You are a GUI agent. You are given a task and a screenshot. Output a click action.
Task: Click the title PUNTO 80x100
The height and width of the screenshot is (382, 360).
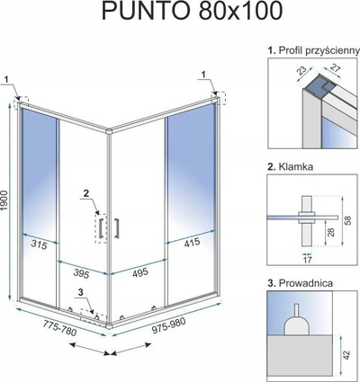click(193, 12)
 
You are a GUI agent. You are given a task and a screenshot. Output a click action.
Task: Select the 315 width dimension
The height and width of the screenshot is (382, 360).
click(39, 245)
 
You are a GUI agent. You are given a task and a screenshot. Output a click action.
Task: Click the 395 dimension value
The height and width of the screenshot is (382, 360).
click(82, 273)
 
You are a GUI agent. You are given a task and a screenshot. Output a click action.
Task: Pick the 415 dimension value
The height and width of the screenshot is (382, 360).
click(191, 242)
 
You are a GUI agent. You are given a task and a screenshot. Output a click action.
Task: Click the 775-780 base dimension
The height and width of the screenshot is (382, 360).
click(59, 328)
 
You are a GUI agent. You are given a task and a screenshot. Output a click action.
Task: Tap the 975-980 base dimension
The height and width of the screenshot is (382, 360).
click(169, 325)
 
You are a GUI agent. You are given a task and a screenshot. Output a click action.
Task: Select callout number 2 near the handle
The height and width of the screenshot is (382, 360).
click(86, 194)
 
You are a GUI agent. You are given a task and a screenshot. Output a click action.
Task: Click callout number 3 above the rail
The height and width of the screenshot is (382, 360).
click(80, 292)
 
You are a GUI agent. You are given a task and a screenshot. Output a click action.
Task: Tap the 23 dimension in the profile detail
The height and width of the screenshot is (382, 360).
click(301, 71)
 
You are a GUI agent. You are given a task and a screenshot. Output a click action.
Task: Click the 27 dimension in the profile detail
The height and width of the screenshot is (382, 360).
click(335, 68)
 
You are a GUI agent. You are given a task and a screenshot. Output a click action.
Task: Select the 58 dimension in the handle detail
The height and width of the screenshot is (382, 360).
click(347, 220)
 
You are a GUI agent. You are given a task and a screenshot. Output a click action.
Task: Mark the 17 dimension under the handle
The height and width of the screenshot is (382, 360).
click(307, 260)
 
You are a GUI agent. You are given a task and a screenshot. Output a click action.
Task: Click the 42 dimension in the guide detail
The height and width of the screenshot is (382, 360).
click(346, 355)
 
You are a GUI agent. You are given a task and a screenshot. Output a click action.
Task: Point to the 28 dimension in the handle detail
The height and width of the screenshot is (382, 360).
click(330, 232)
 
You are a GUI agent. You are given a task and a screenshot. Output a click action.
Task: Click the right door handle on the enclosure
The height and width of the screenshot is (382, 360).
click(116, 228)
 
